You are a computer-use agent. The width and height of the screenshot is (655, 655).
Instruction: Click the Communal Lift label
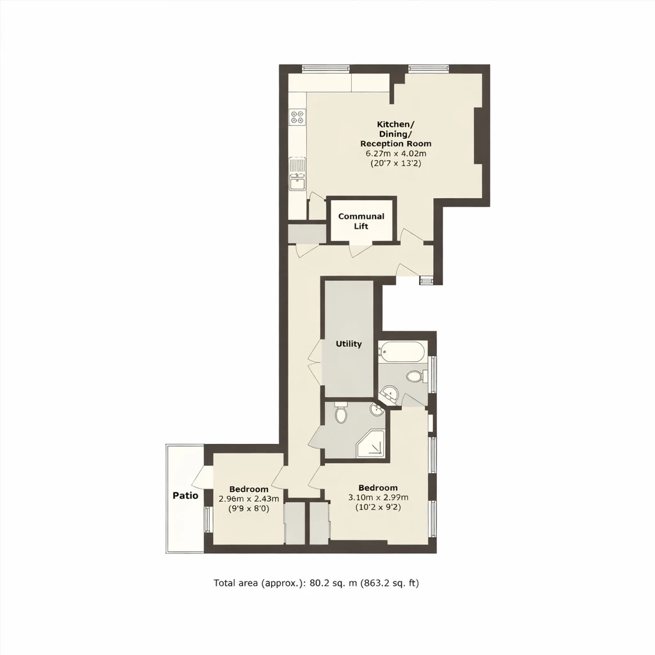pyautogui.click(x=361, y=221)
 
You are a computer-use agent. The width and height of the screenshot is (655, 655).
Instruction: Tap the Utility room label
pyautogui.click(x=349, y=344)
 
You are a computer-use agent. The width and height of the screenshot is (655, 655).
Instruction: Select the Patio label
pyautogui.click(x=185, y=495)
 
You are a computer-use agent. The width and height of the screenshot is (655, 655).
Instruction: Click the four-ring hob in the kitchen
pyautogui.click(x=297, y=117)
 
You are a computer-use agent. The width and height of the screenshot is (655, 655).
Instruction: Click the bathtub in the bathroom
pyautogui.click(x=401, y=351)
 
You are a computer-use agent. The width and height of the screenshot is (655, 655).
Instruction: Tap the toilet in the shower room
pyautogui.click(x=340, y=414)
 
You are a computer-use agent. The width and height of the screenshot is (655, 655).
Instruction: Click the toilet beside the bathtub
pyautogui.click(x=414, y=376)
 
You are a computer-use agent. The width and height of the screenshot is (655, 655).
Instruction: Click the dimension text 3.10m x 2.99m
pyautogui.click(x=378, y=498)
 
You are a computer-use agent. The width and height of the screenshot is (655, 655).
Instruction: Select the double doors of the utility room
pyautogui.click(x=314, y=361)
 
